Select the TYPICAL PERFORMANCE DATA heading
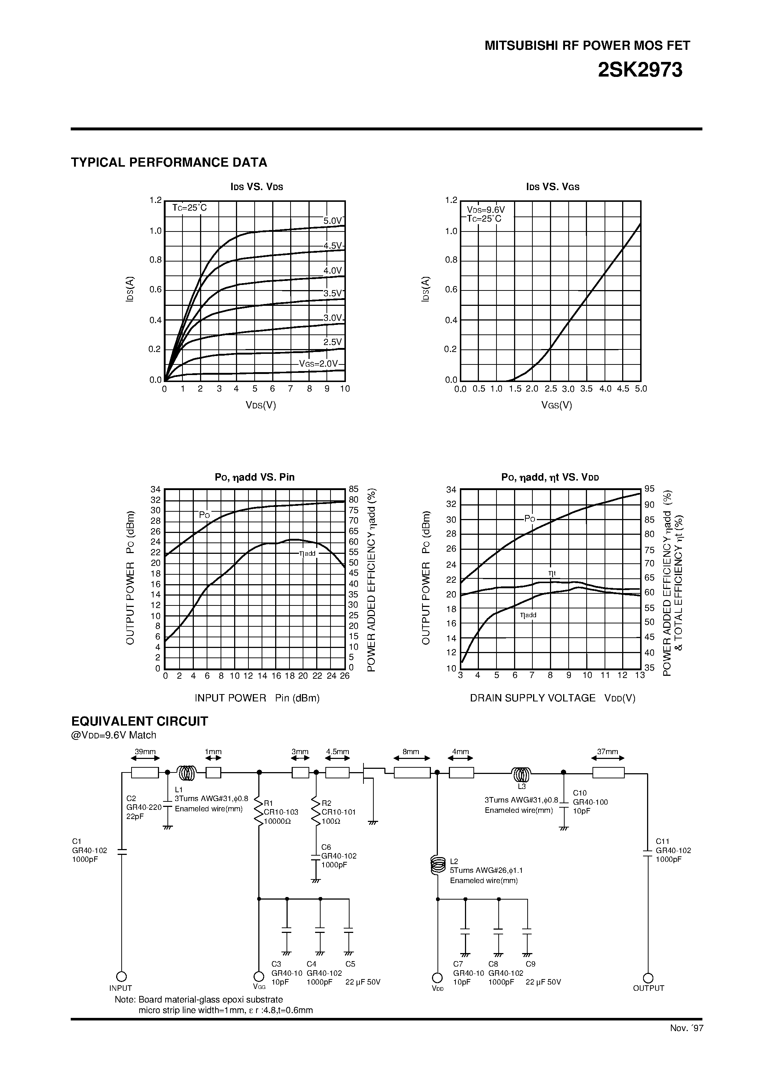click(169, 162)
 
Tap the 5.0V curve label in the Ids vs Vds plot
click(333, 220)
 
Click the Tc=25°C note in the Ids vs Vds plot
click(189, 208)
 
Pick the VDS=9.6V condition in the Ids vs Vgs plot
click(486, 210)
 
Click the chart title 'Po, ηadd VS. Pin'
click(254, 477)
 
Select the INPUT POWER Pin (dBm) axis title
click(257, 698)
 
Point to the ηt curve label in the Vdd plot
click(552, 573)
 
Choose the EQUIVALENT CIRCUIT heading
click(139, 721)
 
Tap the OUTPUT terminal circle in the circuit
click(648, 978)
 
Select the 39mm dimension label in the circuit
click(145, 752)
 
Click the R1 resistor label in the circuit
click(268, 803)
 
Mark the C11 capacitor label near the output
click(662, 841)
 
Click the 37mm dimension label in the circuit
click(608, 752)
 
